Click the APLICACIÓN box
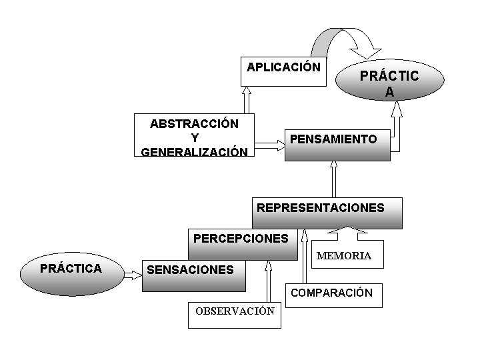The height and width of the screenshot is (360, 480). click(283, 72)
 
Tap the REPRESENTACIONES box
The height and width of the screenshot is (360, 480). click(327, 213)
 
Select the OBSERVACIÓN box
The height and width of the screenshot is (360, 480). click(235, 317)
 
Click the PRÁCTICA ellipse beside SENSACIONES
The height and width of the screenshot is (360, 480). click(72, 269)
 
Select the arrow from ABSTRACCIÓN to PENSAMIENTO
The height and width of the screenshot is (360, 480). click(270, 144)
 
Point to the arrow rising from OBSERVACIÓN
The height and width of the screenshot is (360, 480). click(269, 283)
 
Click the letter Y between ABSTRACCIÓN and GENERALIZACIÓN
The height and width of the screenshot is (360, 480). click(194, 137)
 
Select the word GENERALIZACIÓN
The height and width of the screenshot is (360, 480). click(194, 151)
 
